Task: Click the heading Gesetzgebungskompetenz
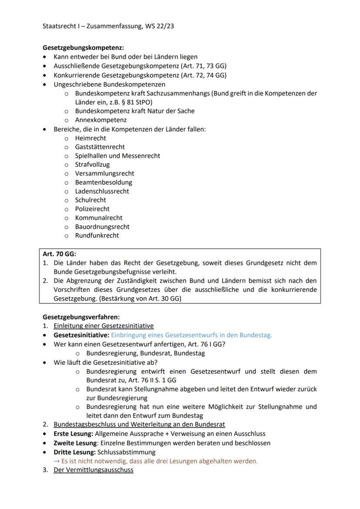(x=83, y=48)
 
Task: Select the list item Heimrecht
(x=90, y=138)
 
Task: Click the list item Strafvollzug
(x=92, y=165)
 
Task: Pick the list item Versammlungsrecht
(x=104, y=173)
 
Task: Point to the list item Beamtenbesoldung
(x=103, y=183)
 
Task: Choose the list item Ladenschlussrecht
(x=102, y=191)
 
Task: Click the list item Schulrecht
(x=90, y=200)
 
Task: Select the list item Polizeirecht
(x=92, y=209)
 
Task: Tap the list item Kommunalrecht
(x=99, y=218)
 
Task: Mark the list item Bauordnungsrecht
(x=102, y=227)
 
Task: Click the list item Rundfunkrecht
(x=97, y=236)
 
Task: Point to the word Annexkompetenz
(x=101, y=120)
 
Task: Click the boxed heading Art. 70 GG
(x=59, y=254)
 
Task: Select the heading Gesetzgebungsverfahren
(x=81, y=317)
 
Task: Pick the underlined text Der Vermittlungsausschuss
(x=93, y=470)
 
